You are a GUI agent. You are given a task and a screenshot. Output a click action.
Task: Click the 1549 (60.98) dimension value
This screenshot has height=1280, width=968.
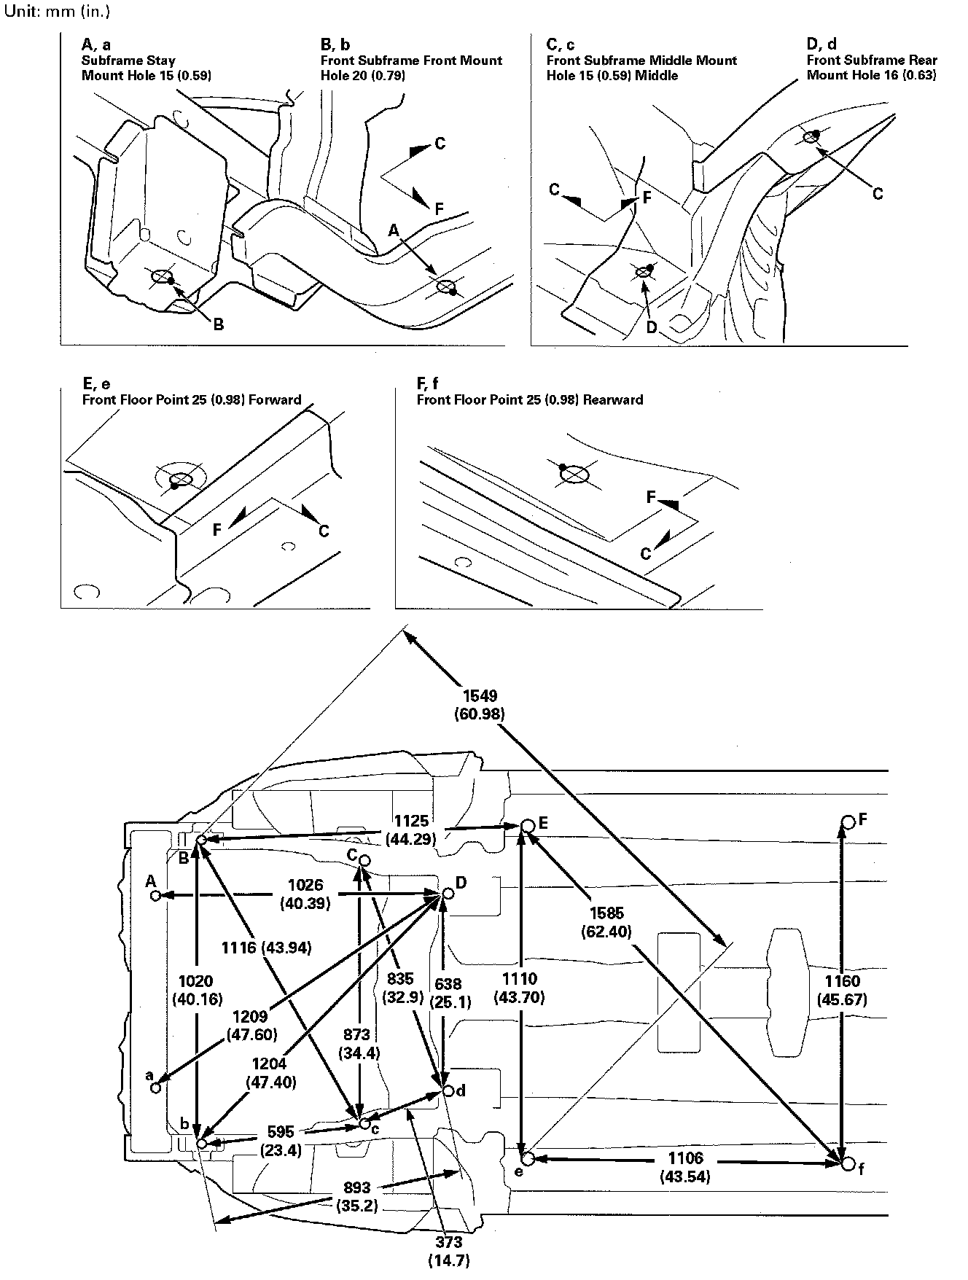tap(479, 704)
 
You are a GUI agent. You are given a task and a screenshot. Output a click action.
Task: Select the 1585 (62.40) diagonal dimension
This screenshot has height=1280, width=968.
tap(606, 922)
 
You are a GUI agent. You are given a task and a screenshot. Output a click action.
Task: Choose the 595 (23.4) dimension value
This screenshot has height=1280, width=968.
tap(280, 1139)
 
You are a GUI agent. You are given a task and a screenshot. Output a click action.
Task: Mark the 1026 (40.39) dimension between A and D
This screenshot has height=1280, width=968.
tap(305, 894)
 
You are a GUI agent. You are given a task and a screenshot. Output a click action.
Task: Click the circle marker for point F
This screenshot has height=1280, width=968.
tap(848, 822)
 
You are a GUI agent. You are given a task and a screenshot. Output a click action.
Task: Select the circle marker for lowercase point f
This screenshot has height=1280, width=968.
tap(847, 1164)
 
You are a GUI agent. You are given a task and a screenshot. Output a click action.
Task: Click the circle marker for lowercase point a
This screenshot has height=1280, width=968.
tap(155, 1088)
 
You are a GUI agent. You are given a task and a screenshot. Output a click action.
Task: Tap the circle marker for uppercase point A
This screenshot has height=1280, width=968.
tap(155, 895)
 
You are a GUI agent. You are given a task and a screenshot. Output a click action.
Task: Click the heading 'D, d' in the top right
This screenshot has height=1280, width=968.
tap(821, 44)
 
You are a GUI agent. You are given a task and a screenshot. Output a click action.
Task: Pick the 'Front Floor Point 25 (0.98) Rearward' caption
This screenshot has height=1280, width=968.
tap(529, 399)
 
